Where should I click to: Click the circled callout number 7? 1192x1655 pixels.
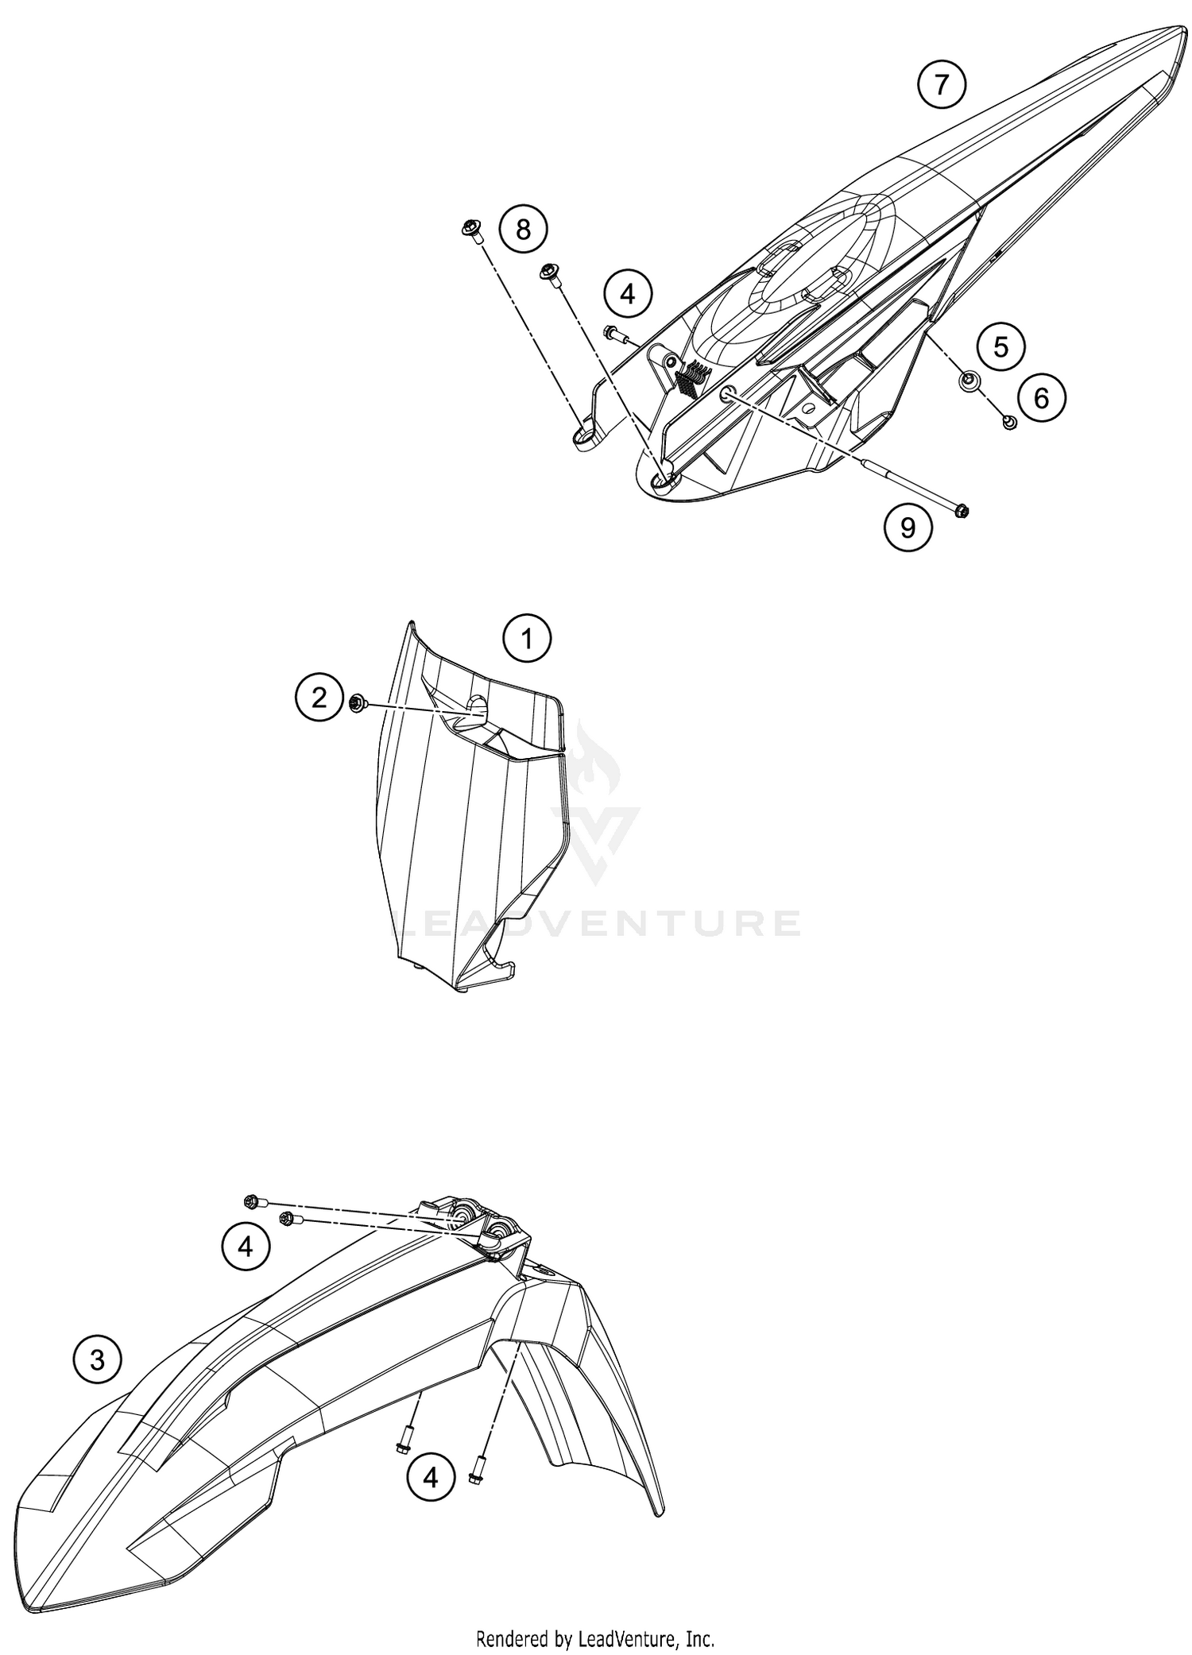tap(942, 83)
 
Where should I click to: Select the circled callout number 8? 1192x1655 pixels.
tap(523, 230)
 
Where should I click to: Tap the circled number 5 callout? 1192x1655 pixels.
tap(1000, 346)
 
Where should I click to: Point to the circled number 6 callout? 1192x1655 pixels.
tap(1041, 397)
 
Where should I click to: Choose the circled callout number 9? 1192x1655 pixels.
tap(908, 527)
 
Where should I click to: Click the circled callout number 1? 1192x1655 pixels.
tap(527, 638)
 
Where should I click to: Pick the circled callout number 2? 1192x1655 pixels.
tap(319, 698)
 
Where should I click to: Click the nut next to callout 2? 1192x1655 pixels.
tap(357, 702)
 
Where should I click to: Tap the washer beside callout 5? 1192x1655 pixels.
tap(969, 382)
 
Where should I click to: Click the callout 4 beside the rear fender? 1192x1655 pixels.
tap(628, 294)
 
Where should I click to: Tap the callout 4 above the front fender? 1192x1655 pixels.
tap(246, 1247)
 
